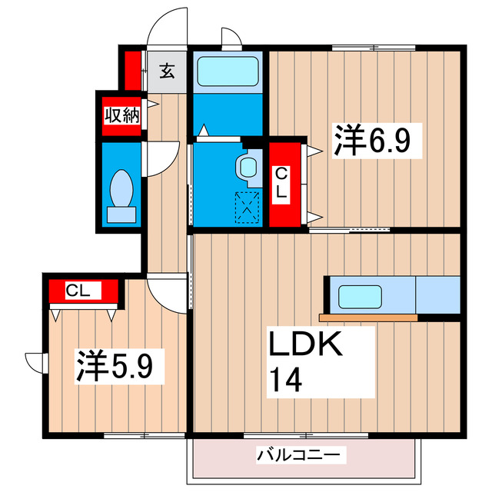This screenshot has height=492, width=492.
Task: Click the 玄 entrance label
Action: tap(167, 72)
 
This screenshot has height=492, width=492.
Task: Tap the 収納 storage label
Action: tap(121, 116)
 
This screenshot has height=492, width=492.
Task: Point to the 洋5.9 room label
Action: tap(120, 367)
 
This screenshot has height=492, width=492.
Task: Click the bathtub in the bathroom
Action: tap(228, 73)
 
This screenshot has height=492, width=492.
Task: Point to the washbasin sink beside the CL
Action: tap(248, 166)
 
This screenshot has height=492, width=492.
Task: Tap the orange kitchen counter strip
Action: tap(368, 317)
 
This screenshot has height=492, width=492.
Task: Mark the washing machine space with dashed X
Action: tap(248, 205)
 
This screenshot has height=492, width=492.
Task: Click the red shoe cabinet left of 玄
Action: tap(131, 69)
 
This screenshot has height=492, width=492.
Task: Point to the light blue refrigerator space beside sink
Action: tap(437, 295)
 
